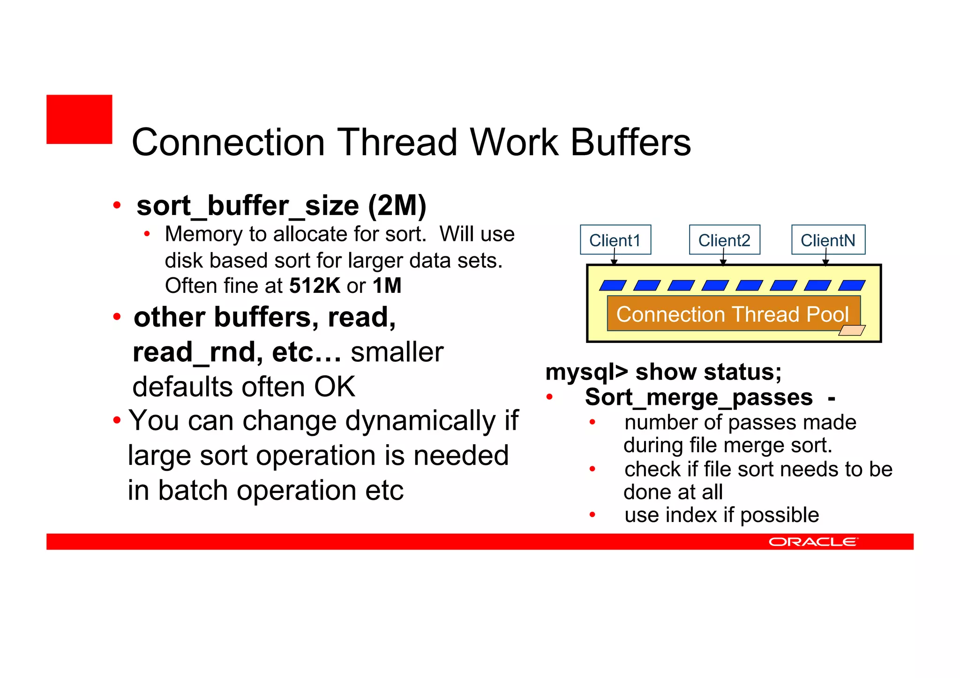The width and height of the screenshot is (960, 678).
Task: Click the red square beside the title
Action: pyautogui.click(x=79, y=119)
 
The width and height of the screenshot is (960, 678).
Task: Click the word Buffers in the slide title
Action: pyautogui.click(x=630, y=142)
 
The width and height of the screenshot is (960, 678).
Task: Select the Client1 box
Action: pyautogui.click(x=615, y=240)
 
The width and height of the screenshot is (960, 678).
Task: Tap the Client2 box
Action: pyautogui.click(x=724, y=240)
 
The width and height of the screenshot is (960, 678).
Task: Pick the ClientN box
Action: pyautogui.click(x=828, y=240)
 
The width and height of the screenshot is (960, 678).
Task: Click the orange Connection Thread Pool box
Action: pyautogui.click(x=733, y=313)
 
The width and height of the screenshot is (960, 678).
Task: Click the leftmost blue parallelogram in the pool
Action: pyautogui.click(x=613, y=285)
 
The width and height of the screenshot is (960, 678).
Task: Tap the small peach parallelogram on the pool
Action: pyautogui.click(x=852, y=331)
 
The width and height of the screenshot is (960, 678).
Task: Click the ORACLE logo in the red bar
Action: pyautogui.click(x=813, y=542)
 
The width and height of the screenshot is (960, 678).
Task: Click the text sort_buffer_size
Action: pyautogui.click(x=248, y=206)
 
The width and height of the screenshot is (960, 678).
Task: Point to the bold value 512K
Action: pyautogui.click(x=315, y=286)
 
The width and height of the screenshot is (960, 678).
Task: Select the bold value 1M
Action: pyautogui.click(x=387, y=286)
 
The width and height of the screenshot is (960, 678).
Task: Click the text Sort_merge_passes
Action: pyautogui.click(x=698, y=398)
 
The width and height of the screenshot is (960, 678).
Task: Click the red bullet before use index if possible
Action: pyautogui.click(x=592, y=515)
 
